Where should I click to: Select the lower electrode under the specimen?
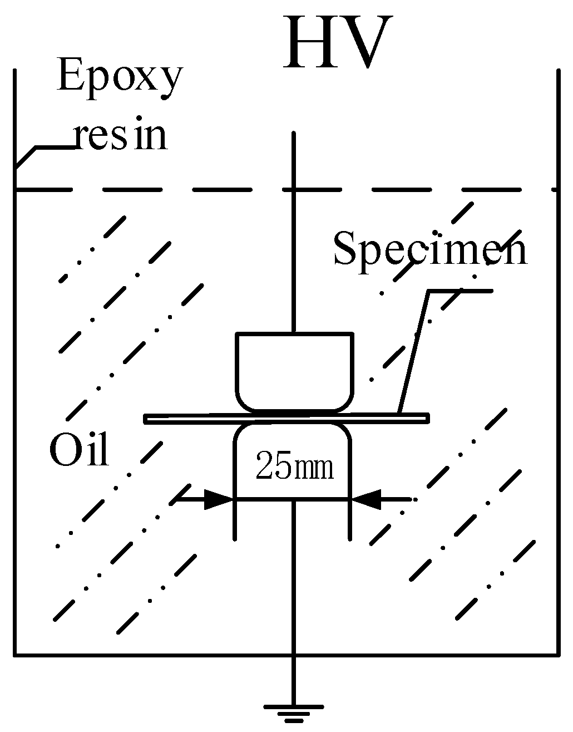click(x=293, y=445)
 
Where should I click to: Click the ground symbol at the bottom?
click(x=293, y=712)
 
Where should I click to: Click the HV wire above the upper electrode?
click(x=293, y=250)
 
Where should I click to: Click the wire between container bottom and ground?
click(x=293, y=679)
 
